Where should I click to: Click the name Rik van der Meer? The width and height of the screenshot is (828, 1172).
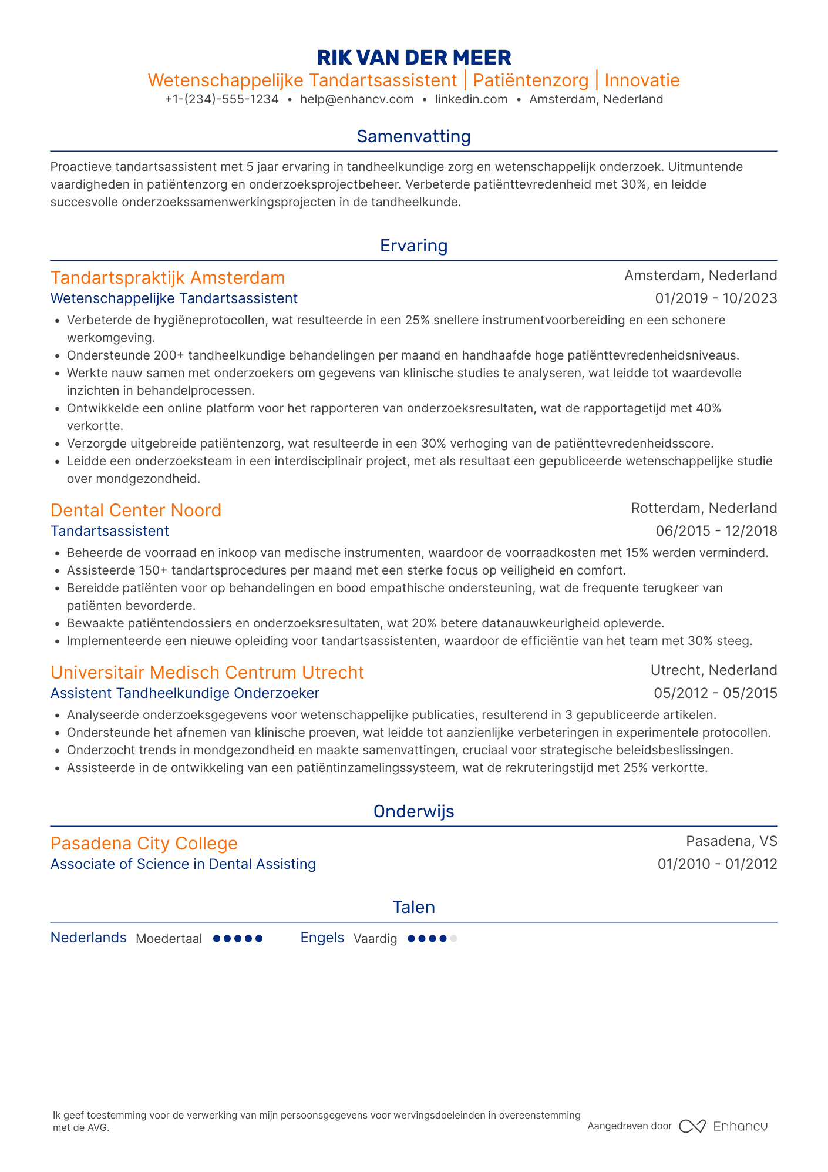[413, 58]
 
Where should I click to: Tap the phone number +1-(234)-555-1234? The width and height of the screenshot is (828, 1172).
[221, 99]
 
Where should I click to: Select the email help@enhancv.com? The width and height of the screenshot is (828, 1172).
[356, 99]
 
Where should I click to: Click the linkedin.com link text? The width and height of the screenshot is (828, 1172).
[471, 99]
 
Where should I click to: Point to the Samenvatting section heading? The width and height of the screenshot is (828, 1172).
[413, 136]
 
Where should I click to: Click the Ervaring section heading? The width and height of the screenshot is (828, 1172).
[413, 246]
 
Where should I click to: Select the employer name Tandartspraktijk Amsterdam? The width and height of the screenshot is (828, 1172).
[167, 277]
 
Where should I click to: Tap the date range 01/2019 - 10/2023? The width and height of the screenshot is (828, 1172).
[716, 298]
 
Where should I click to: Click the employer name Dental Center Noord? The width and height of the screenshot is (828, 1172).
[136, 510]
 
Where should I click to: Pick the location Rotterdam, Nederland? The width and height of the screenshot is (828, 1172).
[704, 508]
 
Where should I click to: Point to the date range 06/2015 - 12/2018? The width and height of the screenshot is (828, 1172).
[716, 531]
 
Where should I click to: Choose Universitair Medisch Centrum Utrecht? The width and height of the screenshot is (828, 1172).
[207, 672]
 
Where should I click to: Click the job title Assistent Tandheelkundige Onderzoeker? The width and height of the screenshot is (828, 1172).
[184, 693]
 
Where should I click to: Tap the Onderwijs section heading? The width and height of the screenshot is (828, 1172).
[413, 811]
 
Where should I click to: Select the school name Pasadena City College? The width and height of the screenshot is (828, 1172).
[144, 843]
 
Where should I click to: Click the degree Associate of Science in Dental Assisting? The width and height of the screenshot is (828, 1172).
[183, 864]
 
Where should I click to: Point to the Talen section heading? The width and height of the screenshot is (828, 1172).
[413, 907]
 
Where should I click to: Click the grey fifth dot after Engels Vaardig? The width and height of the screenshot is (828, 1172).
[453, 939]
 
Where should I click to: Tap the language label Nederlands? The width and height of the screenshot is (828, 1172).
[88, 938]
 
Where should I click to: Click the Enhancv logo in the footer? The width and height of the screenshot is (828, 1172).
[723, 1126]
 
